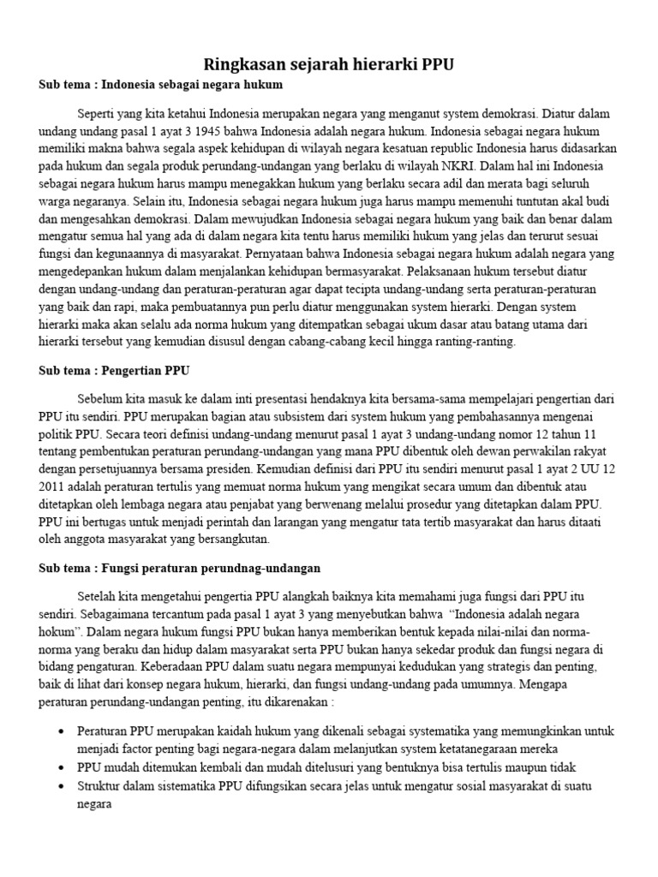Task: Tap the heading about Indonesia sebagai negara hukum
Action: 160,86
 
